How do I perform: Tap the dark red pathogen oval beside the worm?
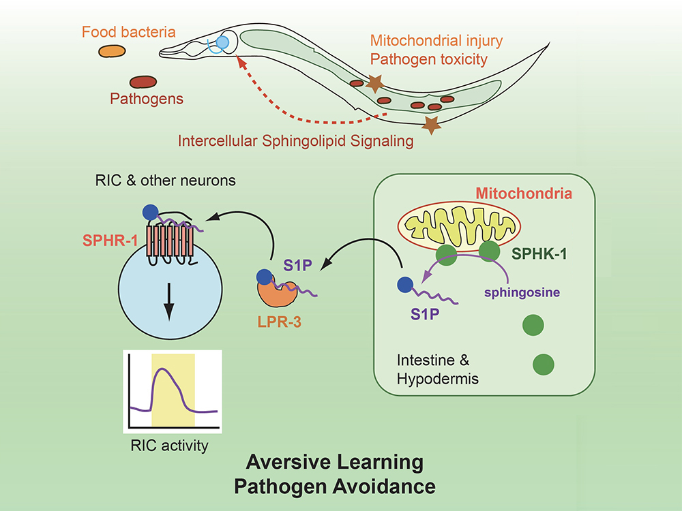coord(143,82)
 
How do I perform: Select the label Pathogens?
coord(147,99)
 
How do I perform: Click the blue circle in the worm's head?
coord(220,44)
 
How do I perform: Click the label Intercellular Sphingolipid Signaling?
coord(296,142)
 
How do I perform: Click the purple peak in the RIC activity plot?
coord(161,371)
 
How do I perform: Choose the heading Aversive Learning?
coord(334,463)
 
